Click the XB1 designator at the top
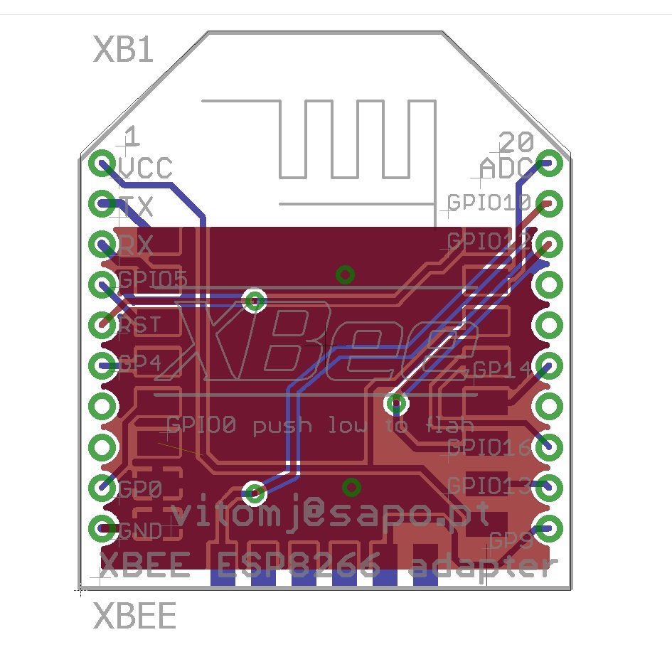tap(124, 50)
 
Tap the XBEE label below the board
tap(134, 616)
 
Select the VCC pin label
tap(145, 169)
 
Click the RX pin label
tap(136, 247)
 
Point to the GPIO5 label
tap(153, 279)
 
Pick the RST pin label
tap(139, 325)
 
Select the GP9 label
tap(507, 541)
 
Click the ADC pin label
tap(506, 169)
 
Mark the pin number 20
tap(517, 142)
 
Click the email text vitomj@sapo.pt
tap(330, 513)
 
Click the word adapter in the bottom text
tap(481, 567)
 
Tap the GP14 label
tap(501, 370)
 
